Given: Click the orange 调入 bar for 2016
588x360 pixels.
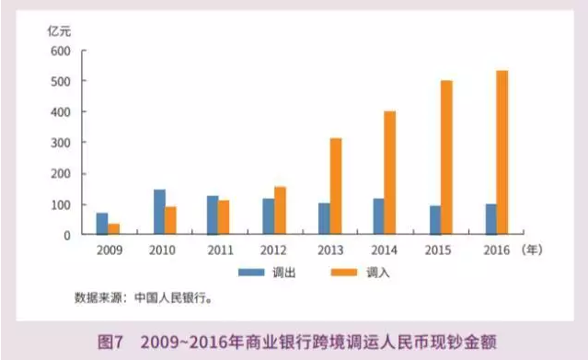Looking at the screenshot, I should point(502,153).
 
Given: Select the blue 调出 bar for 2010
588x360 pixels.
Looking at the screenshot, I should point(159,213).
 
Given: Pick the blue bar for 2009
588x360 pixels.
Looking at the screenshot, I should point(102,224).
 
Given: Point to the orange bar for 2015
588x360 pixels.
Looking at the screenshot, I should point(447,157).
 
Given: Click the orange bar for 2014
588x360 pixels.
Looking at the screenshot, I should point(390,173).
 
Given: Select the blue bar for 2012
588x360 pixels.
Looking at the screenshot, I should point(269,217).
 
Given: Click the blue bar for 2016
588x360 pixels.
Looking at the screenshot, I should point(490,219).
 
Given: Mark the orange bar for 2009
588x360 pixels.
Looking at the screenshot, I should point(114,229).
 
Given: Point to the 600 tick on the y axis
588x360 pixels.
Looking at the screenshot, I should point(61,51).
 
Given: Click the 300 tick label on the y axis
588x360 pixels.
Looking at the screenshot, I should point(61,143).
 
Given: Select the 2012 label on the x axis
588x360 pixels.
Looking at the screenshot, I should point(274,250).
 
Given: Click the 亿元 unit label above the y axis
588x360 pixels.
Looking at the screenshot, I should point(61,29).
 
